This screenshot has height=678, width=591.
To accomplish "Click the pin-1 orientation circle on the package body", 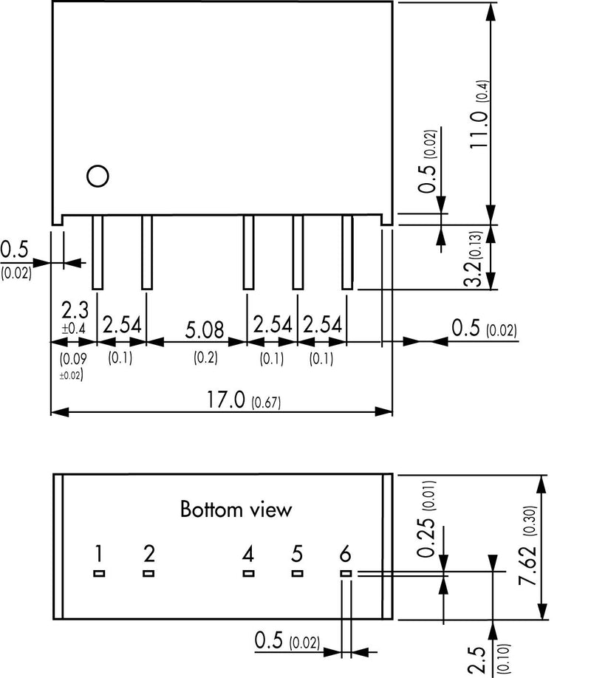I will tap(97, 176).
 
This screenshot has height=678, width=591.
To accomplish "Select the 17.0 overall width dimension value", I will tap(228, 401).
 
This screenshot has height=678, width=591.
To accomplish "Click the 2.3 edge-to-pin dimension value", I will tap(71, 308).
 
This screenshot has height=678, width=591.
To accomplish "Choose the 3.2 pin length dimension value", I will tap(474, 271).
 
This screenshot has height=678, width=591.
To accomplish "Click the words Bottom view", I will tap(236, 510).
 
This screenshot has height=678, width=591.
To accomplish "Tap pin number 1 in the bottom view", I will tap(99, 554).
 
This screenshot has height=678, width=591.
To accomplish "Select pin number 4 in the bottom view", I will tap(248, 554).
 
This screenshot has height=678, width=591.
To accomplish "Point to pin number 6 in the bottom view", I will tap(345, 554).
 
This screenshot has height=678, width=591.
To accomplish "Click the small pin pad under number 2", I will tap(148, 573).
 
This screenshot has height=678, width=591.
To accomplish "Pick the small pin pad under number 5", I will tap(297, 573).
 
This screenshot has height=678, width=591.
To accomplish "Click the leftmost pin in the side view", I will tap(97, 252).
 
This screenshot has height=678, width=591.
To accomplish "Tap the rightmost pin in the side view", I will tap(346, 252).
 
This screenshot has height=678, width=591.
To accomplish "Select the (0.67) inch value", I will tap(267, 403).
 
